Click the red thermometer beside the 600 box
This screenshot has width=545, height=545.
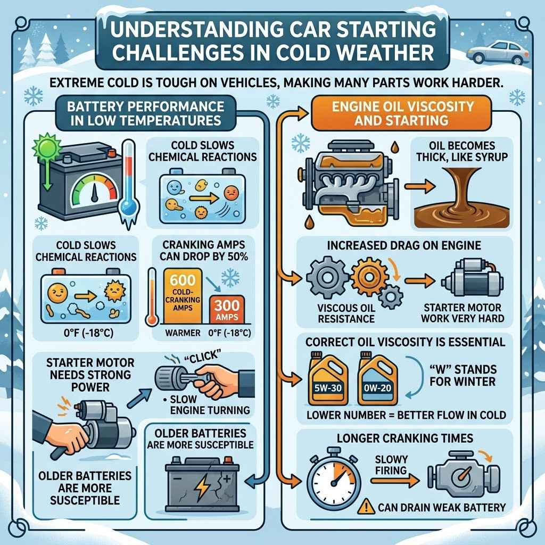pyautogui.click(x=153, y=298)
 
